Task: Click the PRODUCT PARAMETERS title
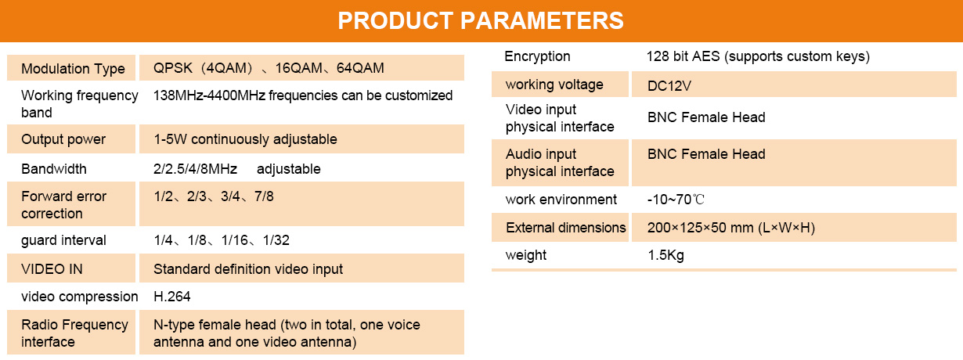point(481,20)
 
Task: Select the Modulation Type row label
point(73,69)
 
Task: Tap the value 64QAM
point(360,68)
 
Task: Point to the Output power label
point(63,139)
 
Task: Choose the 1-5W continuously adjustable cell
point(246,139)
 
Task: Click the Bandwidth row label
point(54,169)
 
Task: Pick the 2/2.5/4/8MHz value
point(195,169)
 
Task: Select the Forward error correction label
point(63,205)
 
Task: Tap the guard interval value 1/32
point(276,240)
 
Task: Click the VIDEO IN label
point(52,269)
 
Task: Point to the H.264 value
point(172,297)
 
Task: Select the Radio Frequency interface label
point(74,333)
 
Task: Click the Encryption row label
point(537,56)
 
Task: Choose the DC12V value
point(669,86)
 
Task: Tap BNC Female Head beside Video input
point(706,117)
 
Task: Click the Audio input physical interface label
point(560,162)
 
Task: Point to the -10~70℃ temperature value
point(676,200)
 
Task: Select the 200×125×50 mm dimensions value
point(700,228)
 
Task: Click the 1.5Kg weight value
point(666,255)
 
